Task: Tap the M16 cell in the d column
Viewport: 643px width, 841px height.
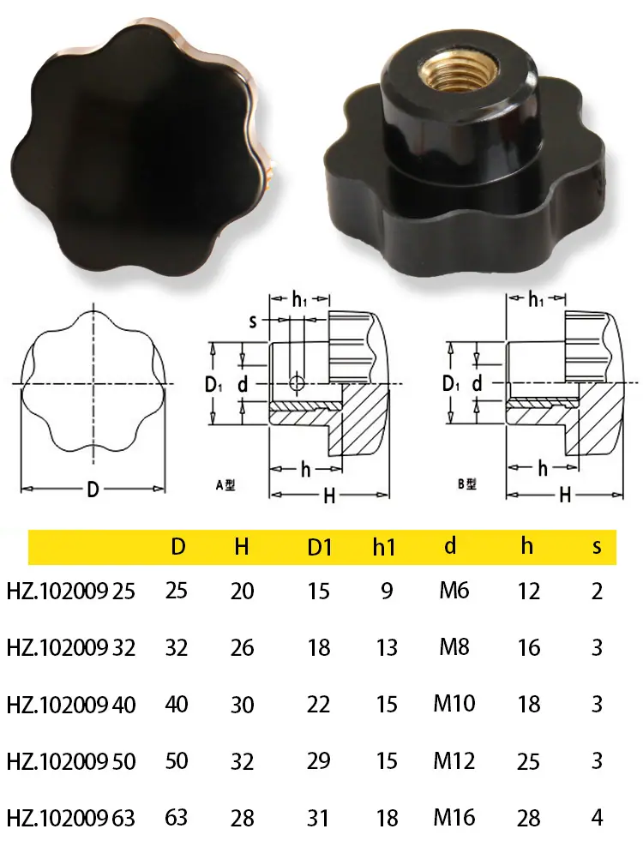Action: tap(454, 817)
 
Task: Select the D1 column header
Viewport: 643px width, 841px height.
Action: tap(320, 547)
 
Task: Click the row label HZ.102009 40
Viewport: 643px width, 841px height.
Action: tap(71, 705)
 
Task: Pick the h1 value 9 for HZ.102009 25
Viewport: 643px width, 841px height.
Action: tap(387, 591)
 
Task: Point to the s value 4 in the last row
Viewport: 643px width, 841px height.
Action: tap(597, 818)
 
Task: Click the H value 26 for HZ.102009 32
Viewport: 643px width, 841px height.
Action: tap(242, 648)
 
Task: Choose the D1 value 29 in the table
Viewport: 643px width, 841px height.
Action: tap(318, 761)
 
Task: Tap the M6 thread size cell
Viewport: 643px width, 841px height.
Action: tap(454, 591)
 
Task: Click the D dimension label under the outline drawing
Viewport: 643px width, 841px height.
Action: tap(93, 490)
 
